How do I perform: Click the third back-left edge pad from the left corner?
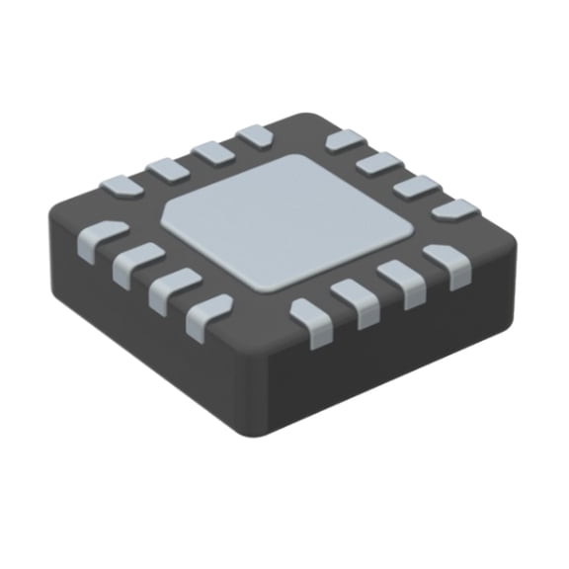click(x=212, y=152)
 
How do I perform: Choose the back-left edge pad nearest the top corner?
click(x=255, y=136)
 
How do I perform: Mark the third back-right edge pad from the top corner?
click(x=416, y=186)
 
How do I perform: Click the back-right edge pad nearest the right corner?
click(x=454, y=209)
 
